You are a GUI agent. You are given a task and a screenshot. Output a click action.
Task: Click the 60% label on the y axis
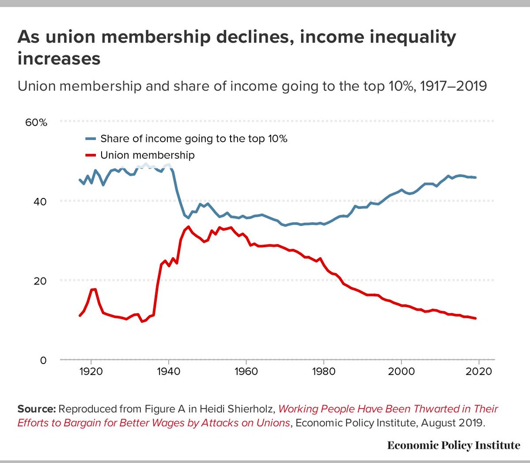pyautogui.click(x=36, y=122)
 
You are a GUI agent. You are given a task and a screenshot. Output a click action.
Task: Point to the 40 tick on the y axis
pyautogui.click(x=40, y=201)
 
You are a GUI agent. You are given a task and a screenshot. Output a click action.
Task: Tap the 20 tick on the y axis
pyautogui.click(x=40, y=281)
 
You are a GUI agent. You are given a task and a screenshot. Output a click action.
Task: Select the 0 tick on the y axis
pyautogui.click(x=43, y=361)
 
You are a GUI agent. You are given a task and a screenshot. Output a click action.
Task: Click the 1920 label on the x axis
pyautogui.click(x=91, y=372)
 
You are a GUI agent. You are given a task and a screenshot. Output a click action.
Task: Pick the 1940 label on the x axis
pyautogui.click(x=168, y=372)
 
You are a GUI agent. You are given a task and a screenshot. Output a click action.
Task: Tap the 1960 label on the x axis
pyautogui.click(x=246, y=372)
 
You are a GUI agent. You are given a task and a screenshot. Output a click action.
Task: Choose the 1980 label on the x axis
pyautogui.click(x=324, y=372)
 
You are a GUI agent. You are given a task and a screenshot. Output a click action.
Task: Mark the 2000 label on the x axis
pyautogui.click(x=401, y=372)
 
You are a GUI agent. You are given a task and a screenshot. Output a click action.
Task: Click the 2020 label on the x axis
pyautogui.click(x=479, y=372)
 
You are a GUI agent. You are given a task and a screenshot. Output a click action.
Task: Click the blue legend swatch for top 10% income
pyautogui.click(x=91, y=139)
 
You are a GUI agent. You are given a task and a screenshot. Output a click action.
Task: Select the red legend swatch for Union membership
pyautogui.click(x=91, y=155)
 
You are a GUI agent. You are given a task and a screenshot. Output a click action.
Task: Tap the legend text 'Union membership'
pyautogui.click(x=148, y=155)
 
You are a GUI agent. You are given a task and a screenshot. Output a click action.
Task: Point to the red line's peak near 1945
pyautogui.click(x=189, y=227)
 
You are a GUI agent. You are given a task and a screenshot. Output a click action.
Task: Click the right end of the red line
pyautogui.click(x=475, y=318)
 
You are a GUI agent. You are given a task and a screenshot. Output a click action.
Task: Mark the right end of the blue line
pyautogui.click(x=475, y=178)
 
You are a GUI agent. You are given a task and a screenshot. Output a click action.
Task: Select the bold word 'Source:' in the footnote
pyautogui.click(x=36, y=409)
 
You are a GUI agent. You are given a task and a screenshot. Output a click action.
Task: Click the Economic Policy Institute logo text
pyautogui.click(x=454, y=445)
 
